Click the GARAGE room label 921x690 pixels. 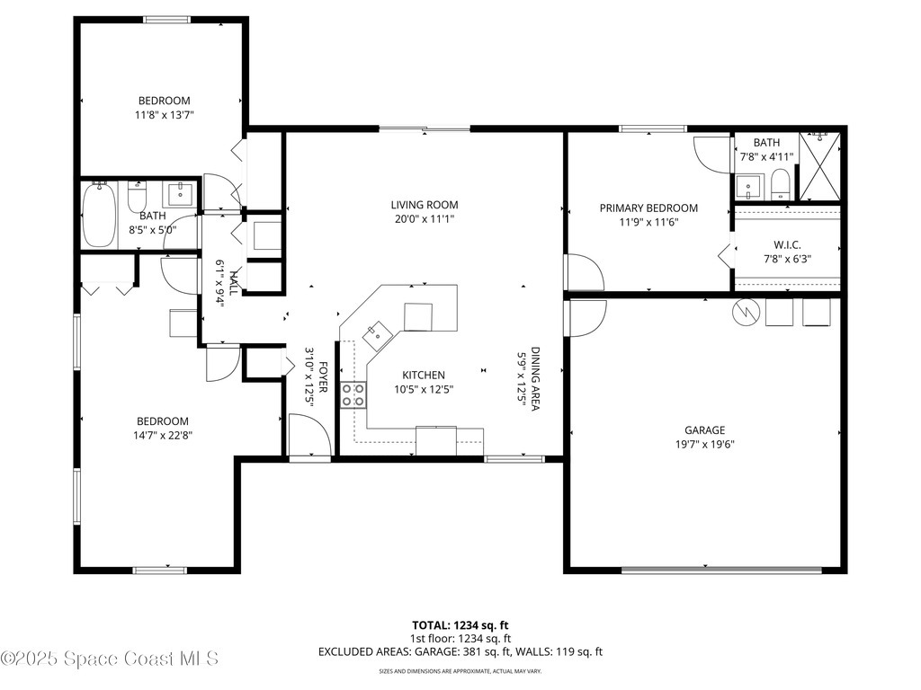[703, 430]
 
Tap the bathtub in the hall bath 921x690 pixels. [99, 214]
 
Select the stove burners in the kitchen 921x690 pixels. [353, 395]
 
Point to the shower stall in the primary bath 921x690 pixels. [819, 166]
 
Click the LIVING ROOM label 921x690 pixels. [425, 205]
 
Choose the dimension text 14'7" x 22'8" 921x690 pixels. [163, 435]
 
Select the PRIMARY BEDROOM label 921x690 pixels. [648, 208]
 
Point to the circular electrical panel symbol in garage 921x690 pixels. [744, 312]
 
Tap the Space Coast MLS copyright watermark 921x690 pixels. [110, 659]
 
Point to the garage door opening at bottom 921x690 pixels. [721, 569]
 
